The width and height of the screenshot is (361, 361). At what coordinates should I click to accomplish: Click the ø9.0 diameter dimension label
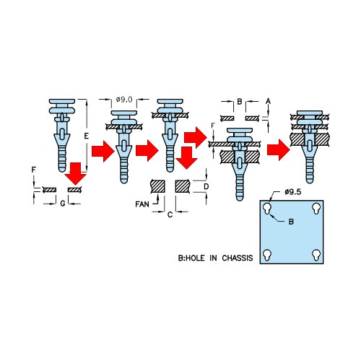click(x=124, y=100)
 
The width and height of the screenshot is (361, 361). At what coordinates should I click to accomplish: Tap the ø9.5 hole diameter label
click(x=292, y=192)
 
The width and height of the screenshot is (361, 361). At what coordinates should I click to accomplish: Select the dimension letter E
click(x=86, y=136)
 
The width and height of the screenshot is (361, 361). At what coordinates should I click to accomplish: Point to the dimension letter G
click(x=63, y=204)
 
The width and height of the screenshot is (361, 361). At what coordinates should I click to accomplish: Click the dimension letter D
click(x=206, y=186)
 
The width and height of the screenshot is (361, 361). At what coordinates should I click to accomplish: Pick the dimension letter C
click(x=170, y=214)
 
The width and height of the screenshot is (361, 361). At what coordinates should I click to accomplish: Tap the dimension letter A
click(x=268, y=101)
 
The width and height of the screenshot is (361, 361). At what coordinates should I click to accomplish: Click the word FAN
click(x=142, y=204)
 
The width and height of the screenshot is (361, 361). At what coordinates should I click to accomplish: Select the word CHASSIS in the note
click(x=238, y=258)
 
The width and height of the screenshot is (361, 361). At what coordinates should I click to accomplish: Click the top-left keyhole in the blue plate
click(x=267, y=208)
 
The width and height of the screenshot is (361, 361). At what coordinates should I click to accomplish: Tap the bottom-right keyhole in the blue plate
click(x=316, y=255)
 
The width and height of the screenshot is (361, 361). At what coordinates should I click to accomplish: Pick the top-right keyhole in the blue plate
click(x=316, y=208)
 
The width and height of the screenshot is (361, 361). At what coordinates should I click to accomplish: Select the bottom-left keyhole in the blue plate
click(x=267, y=255)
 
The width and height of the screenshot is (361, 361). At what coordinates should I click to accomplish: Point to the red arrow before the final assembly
click(x=279, y=150)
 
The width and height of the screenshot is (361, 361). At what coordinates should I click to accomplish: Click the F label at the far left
click(x=34, y=170)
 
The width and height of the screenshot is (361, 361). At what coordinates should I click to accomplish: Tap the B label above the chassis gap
click(x=240, y=102)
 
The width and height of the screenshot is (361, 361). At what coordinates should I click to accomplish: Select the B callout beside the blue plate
click(x=291, y=222)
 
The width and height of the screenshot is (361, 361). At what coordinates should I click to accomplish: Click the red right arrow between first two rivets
click(x=103, y=151)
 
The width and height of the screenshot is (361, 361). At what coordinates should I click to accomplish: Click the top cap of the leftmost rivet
click(x=62, y=101)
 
